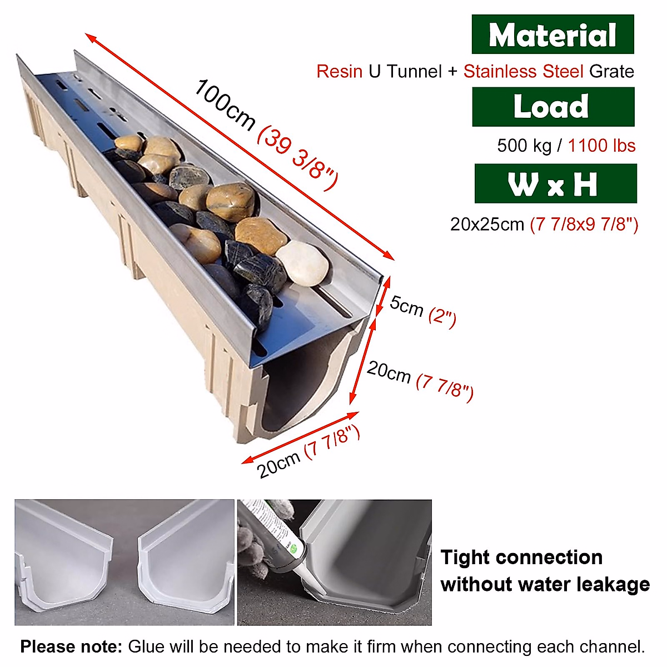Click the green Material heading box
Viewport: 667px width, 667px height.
(x=552, y=34)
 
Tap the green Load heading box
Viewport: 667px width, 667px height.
(x=552, y=107)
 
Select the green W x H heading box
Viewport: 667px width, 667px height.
(x=555, y=183)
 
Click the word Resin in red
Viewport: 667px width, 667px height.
(x=340, y=72)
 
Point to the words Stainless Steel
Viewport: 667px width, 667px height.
(x=523, y=72)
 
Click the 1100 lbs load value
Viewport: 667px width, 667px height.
(x=601, y=146)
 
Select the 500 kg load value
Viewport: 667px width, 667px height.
(x=524, y=146)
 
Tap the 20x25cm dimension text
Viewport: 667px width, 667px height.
(x=487, y=225)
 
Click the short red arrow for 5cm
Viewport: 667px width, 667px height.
(x=382, y=297)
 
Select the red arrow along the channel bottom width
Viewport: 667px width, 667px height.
(x=300, y=437)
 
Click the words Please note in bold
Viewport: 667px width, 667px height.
(x=71, y=647)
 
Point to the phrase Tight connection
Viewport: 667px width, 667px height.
(x=521, y=558)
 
